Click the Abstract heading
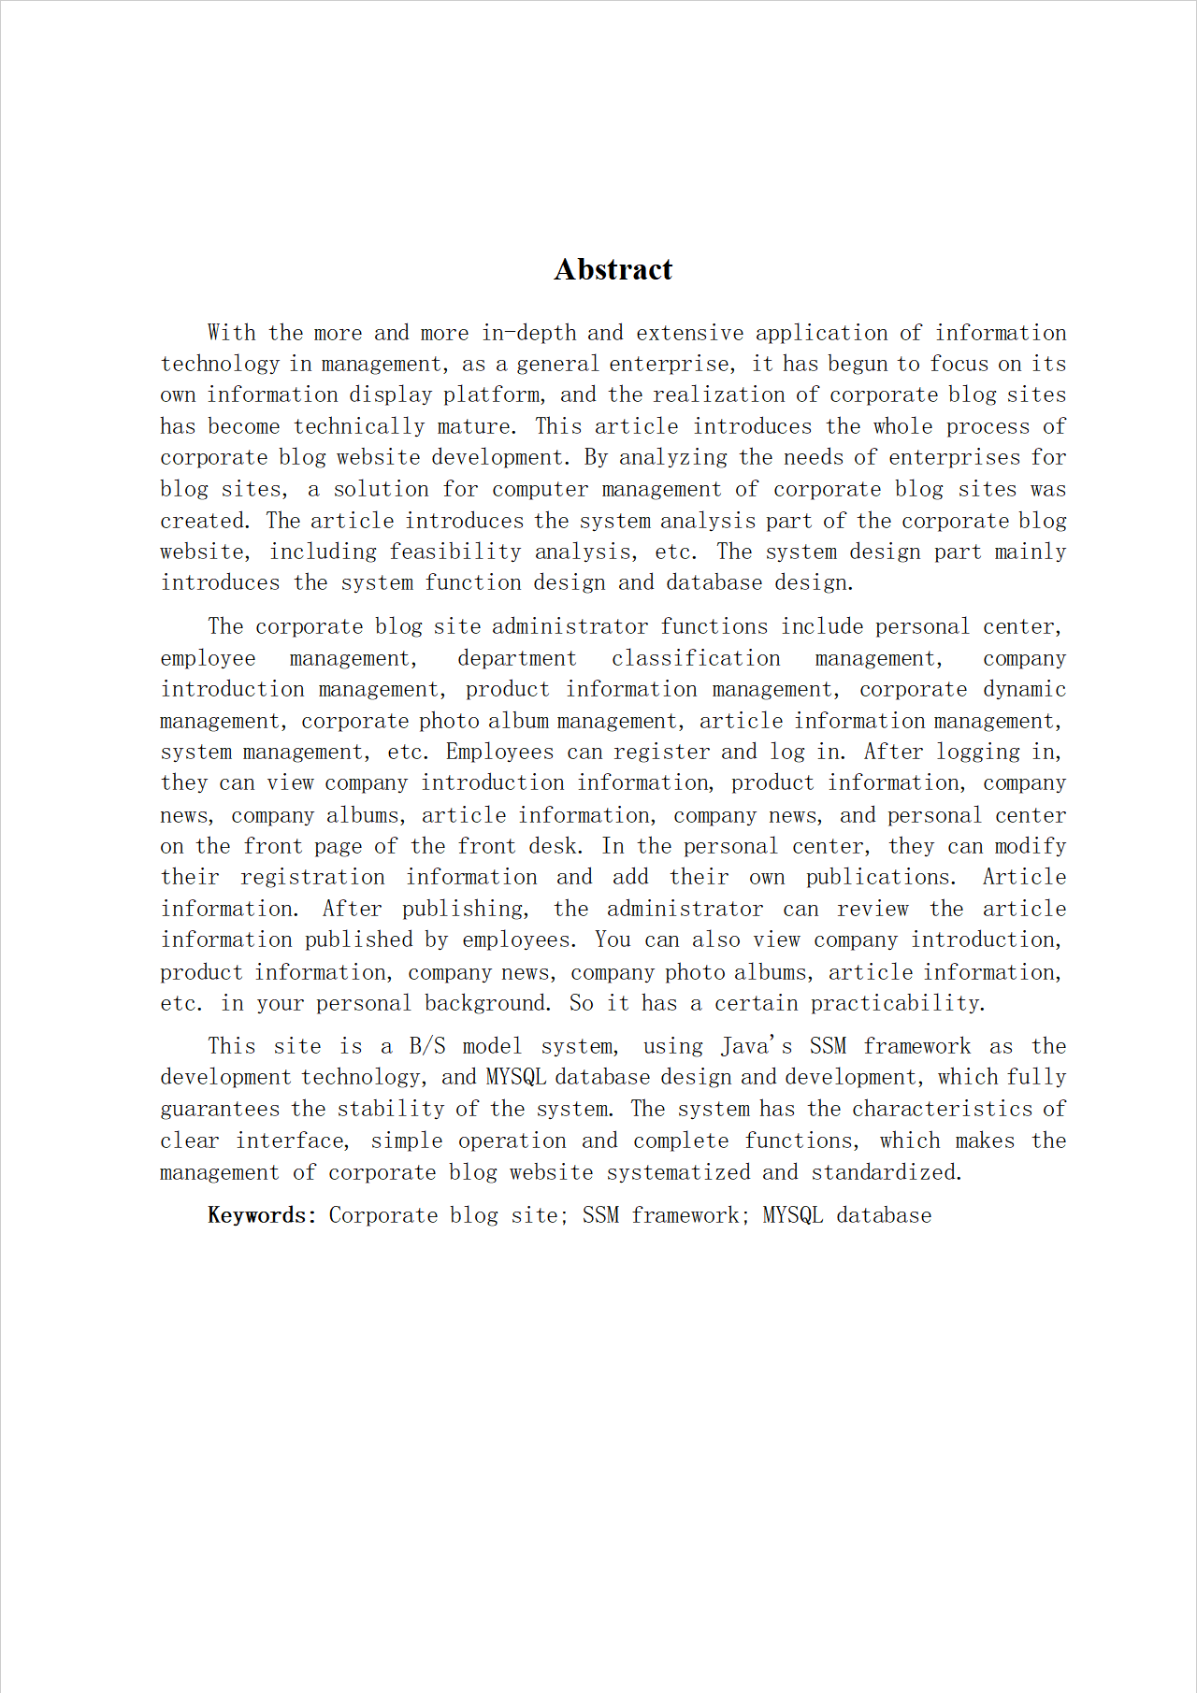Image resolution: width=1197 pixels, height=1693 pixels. click(613, 269)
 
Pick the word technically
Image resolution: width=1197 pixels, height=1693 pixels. click(359, 426)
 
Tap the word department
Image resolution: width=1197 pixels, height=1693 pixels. click(516, 658)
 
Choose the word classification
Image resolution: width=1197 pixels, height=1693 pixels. click(696, 658)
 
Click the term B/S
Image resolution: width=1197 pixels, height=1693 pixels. click(427, 1046)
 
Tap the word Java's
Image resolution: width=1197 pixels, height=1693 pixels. click(757, 1046)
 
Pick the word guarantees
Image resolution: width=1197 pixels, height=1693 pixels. click(220, 1109)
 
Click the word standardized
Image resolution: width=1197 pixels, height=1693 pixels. click(886, 1172)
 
